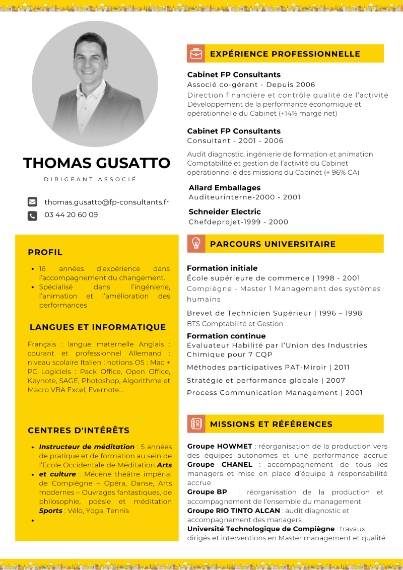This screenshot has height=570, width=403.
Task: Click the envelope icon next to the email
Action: [32, 202]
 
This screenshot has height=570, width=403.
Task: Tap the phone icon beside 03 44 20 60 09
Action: [32, 216]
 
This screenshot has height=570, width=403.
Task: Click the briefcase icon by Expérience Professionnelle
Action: [195, 53]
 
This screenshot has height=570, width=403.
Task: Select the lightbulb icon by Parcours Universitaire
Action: [195, 244]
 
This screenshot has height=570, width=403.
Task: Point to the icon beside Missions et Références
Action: [195, 424]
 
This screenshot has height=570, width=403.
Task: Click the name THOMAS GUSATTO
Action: [97, 163]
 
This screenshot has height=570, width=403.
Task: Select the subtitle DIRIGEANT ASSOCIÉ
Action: [90, 179]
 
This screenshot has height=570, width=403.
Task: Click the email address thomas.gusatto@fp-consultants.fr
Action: [106, 202]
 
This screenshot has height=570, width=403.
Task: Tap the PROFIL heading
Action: [45, 252]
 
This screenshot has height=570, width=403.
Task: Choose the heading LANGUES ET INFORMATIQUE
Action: [98, 327]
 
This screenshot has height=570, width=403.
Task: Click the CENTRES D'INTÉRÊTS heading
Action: [79, 431]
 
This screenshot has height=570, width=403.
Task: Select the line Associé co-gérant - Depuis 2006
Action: [251, 85]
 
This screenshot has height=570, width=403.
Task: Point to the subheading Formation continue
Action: [226, 336]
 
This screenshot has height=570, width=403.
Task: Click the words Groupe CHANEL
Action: [220, 464]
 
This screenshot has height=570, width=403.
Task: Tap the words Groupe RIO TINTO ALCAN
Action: [234, 511]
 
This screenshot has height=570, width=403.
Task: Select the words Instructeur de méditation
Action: [87, 447]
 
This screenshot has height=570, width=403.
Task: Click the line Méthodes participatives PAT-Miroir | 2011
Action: [268, 368]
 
